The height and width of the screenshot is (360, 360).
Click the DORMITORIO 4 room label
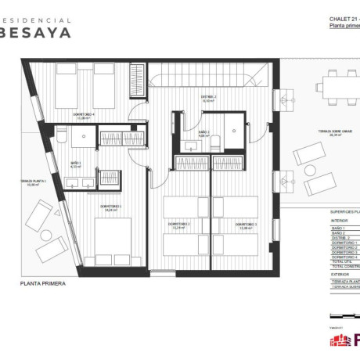pyautogui.click(x=85, y=114)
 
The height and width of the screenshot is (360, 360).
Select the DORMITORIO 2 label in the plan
pyautogui.click(x=179, y=225)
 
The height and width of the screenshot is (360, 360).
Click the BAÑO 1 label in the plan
pyautogui.click(x=76, y=164)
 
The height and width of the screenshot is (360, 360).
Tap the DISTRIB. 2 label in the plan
pyautogui.click(x=210, y=97)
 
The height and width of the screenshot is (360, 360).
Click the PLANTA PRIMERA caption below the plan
pyautogui.click(x=43, y=285)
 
